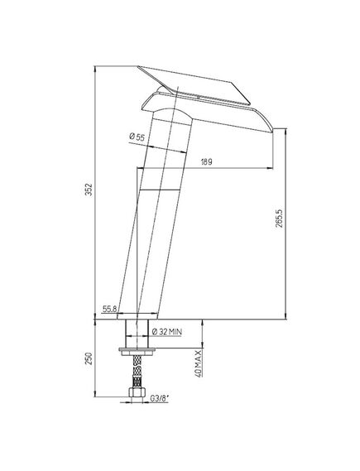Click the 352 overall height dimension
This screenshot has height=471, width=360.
[x=89, y=189]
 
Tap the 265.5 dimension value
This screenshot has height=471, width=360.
[x=279, y=218]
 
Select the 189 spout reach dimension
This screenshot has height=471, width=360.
[x=206, y=162]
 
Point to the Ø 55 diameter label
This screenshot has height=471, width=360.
[x=137, y=137]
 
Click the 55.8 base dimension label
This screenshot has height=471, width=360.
[x=109, y=309]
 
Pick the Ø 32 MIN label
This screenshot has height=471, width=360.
[x=167, y=332]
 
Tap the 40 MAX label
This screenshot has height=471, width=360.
[x=198, y=363]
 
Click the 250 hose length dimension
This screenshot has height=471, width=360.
[x=89, y=358]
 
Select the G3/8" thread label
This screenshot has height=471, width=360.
[x=160, y=399]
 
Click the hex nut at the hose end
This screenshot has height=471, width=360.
[x=137, y=392]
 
